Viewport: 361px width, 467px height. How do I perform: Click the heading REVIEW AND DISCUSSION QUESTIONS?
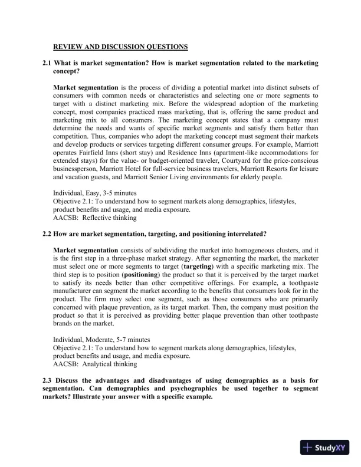121,46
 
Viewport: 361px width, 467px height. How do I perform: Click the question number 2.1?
47,63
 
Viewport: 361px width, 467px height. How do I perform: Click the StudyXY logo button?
323,448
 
